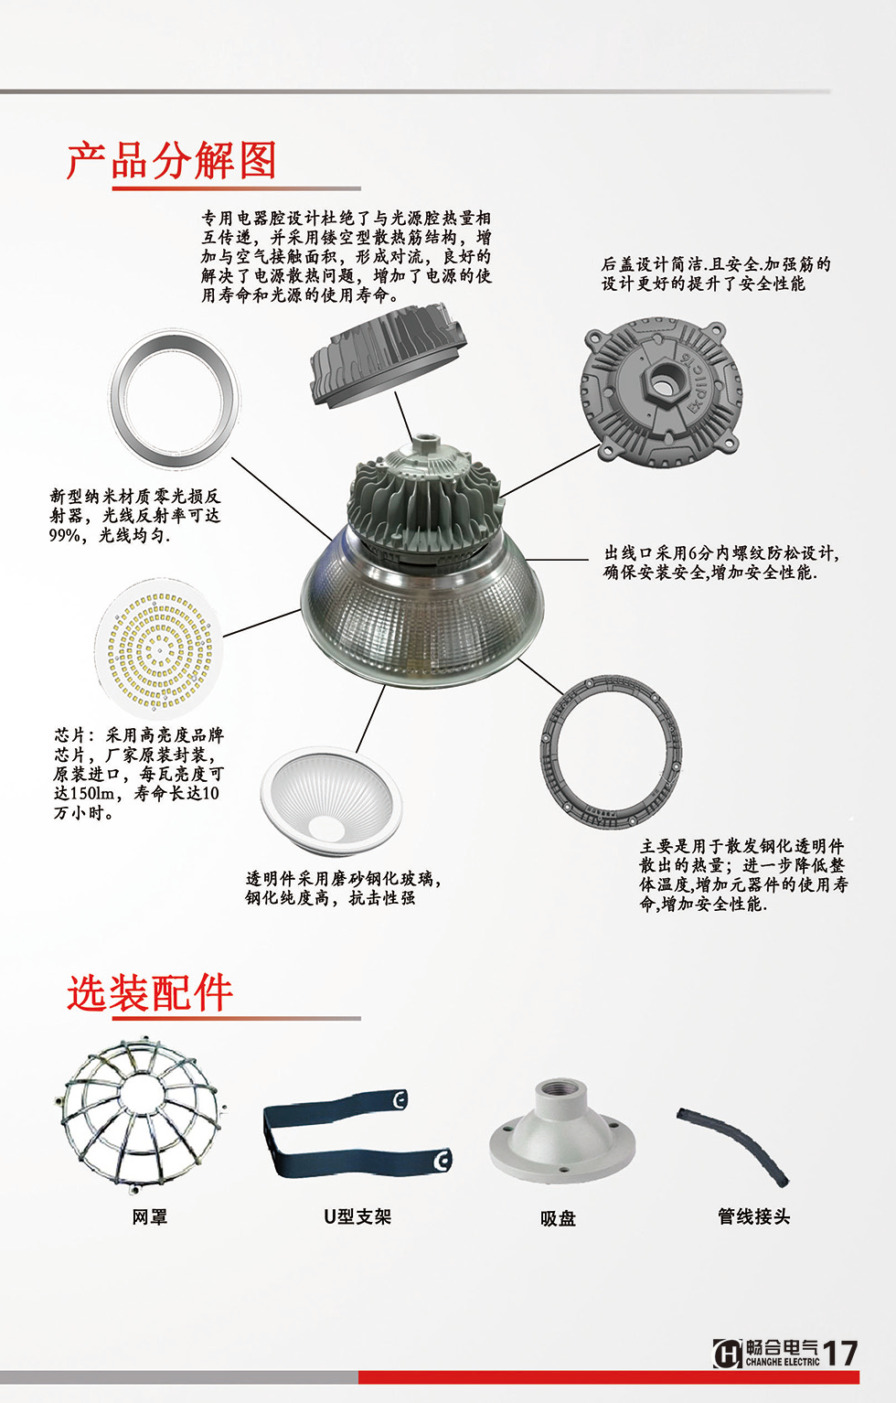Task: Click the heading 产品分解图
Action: point(171,161)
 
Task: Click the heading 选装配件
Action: point(149,992)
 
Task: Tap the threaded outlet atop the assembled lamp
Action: point(426,446)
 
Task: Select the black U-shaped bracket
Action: point(357,1132)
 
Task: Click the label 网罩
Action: point(150,1217)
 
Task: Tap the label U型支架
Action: point(357,1217)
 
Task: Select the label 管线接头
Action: point(753,1216)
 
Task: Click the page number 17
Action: point(840,1354)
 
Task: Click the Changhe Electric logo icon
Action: point(727,1354)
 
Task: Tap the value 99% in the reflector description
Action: point(65,536)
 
